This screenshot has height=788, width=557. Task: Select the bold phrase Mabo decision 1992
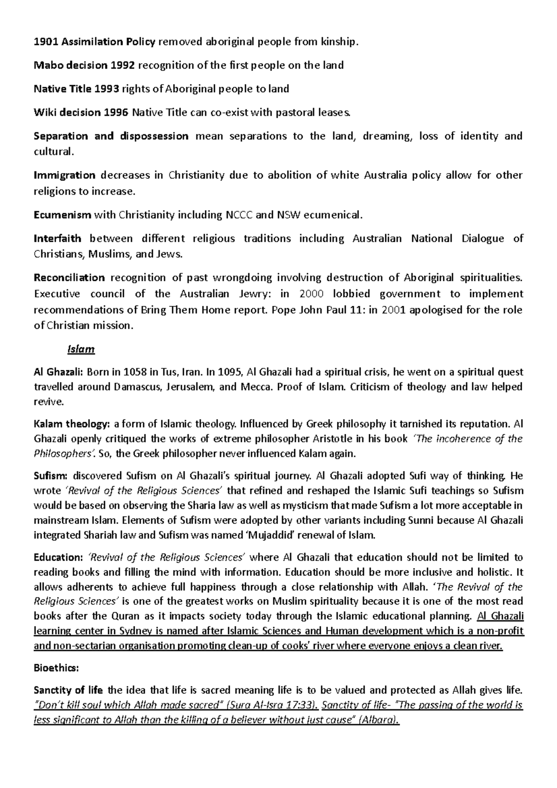tap(84, 65)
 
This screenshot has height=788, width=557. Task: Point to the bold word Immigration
tap(65, 175)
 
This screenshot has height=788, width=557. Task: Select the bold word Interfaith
tap(58, 239)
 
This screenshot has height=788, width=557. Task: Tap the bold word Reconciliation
tap(70, 278)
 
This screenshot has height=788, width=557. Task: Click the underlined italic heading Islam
tap(81, 349)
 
